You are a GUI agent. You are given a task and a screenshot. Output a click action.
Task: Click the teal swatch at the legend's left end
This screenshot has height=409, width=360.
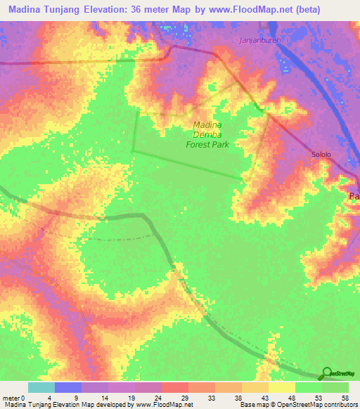coord(41,387)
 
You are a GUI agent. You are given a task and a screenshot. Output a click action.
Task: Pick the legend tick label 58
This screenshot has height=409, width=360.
coord(345,398)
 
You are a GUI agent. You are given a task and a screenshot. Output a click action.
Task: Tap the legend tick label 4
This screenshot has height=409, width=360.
coord(50,398)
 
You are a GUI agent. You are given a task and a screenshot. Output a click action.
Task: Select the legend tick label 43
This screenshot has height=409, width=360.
coord(264,398)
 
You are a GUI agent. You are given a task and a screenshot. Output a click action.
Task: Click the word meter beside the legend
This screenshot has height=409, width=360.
coord(11,398)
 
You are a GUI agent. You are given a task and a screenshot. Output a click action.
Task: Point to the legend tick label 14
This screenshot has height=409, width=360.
coord(104,398)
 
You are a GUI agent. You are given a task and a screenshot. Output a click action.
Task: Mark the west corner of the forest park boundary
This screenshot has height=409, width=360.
coord(133,149)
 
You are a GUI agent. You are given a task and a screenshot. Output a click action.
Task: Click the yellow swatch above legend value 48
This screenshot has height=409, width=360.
coord(281,387)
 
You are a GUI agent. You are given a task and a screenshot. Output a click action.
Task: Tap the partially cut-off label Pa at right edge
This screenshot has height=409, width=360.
coord(354,197)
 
